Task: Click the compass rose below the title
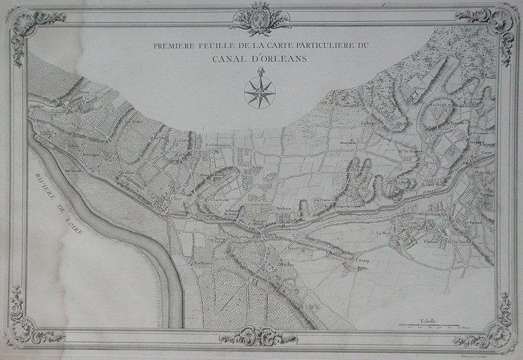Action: (x=259, y=91)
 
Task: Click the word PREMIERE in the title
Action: (x=174, y=46)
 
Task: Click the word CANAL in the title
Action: (x=231, y=58)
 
